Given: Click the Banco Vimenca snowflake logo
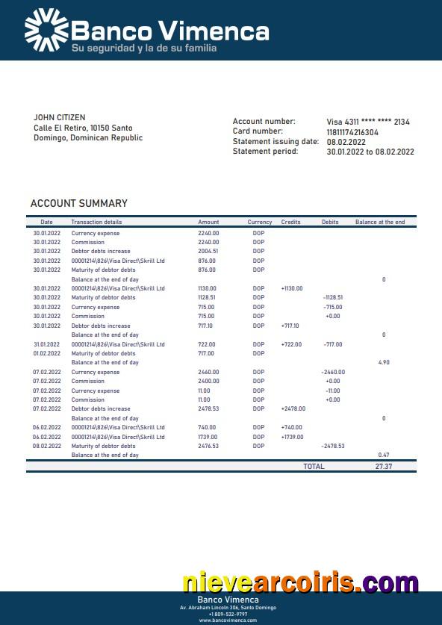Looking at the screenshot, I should point(46,31).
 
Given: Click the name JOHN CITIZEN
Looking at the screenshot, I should point(60,118).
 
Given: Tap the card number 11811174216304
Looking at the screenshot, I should point(352,132).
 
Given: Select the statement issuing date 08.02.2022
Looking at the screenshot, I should point(346,142).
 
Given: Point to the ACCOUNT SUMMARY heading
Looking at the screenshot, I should point(79,203).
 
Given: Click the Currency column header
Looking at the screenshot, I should point(260,223).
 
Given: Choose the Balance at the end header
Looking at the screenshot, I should point(380,223).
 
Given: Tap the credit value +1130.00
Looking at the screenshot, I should point(292,288).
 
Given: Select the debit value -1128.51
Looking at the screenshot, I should point(332,297).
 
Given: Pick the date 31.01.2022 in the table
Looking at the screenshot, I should point(46,344).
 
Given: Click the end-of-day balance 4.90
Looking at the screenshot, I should point(384,362).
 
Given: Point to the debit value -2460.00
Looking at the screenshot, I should point(332,372).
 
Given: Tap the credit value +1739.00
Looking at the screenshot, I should point(292,437).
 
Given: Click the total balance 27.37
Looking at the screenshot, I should point(384,466).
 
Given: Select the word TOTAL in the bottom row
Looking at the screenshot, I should point(314,466).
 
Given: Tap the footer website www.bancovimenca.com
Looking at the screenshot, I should point(228,620).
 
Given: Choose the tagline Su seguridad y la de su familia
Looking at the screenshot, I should point(144,49).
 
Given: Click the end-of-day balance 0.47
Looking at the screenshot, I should point(384,455).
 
